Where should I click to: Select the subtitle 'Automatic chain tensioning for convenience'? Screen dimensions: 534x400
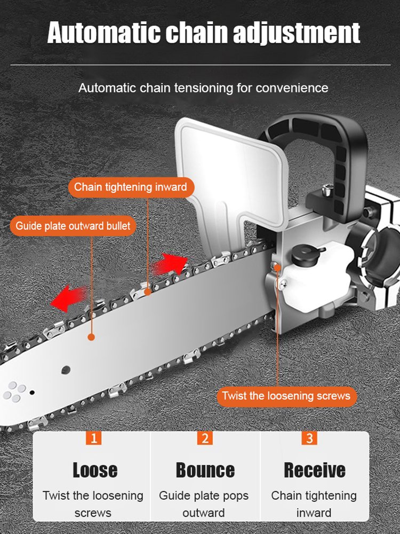[203, 88]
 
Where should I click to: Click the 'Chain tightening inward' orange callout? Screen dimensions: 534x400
[131, 187]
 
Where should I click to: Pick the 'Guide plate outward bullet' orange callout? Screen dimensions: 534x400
[73, 226]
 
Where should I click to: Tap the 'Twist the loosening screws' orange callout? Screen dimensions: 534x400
[286, 396]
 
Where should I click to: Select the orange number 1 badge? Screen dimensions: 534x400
[94, 438]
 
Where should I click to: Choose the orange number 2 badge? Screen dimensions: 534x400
[204, 438]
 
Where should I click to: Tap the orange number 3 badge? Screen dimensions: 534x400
[309, 438]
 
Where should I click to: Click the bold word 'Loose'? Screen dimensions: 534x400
[94, 470]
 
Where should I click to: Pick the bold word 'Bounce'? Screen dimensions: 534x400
[205, 470]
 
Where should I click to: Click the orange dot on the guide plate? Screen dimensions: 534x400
[91, 337]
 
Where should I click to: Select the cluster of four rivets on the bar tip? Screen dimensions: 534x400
[13, 393]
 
